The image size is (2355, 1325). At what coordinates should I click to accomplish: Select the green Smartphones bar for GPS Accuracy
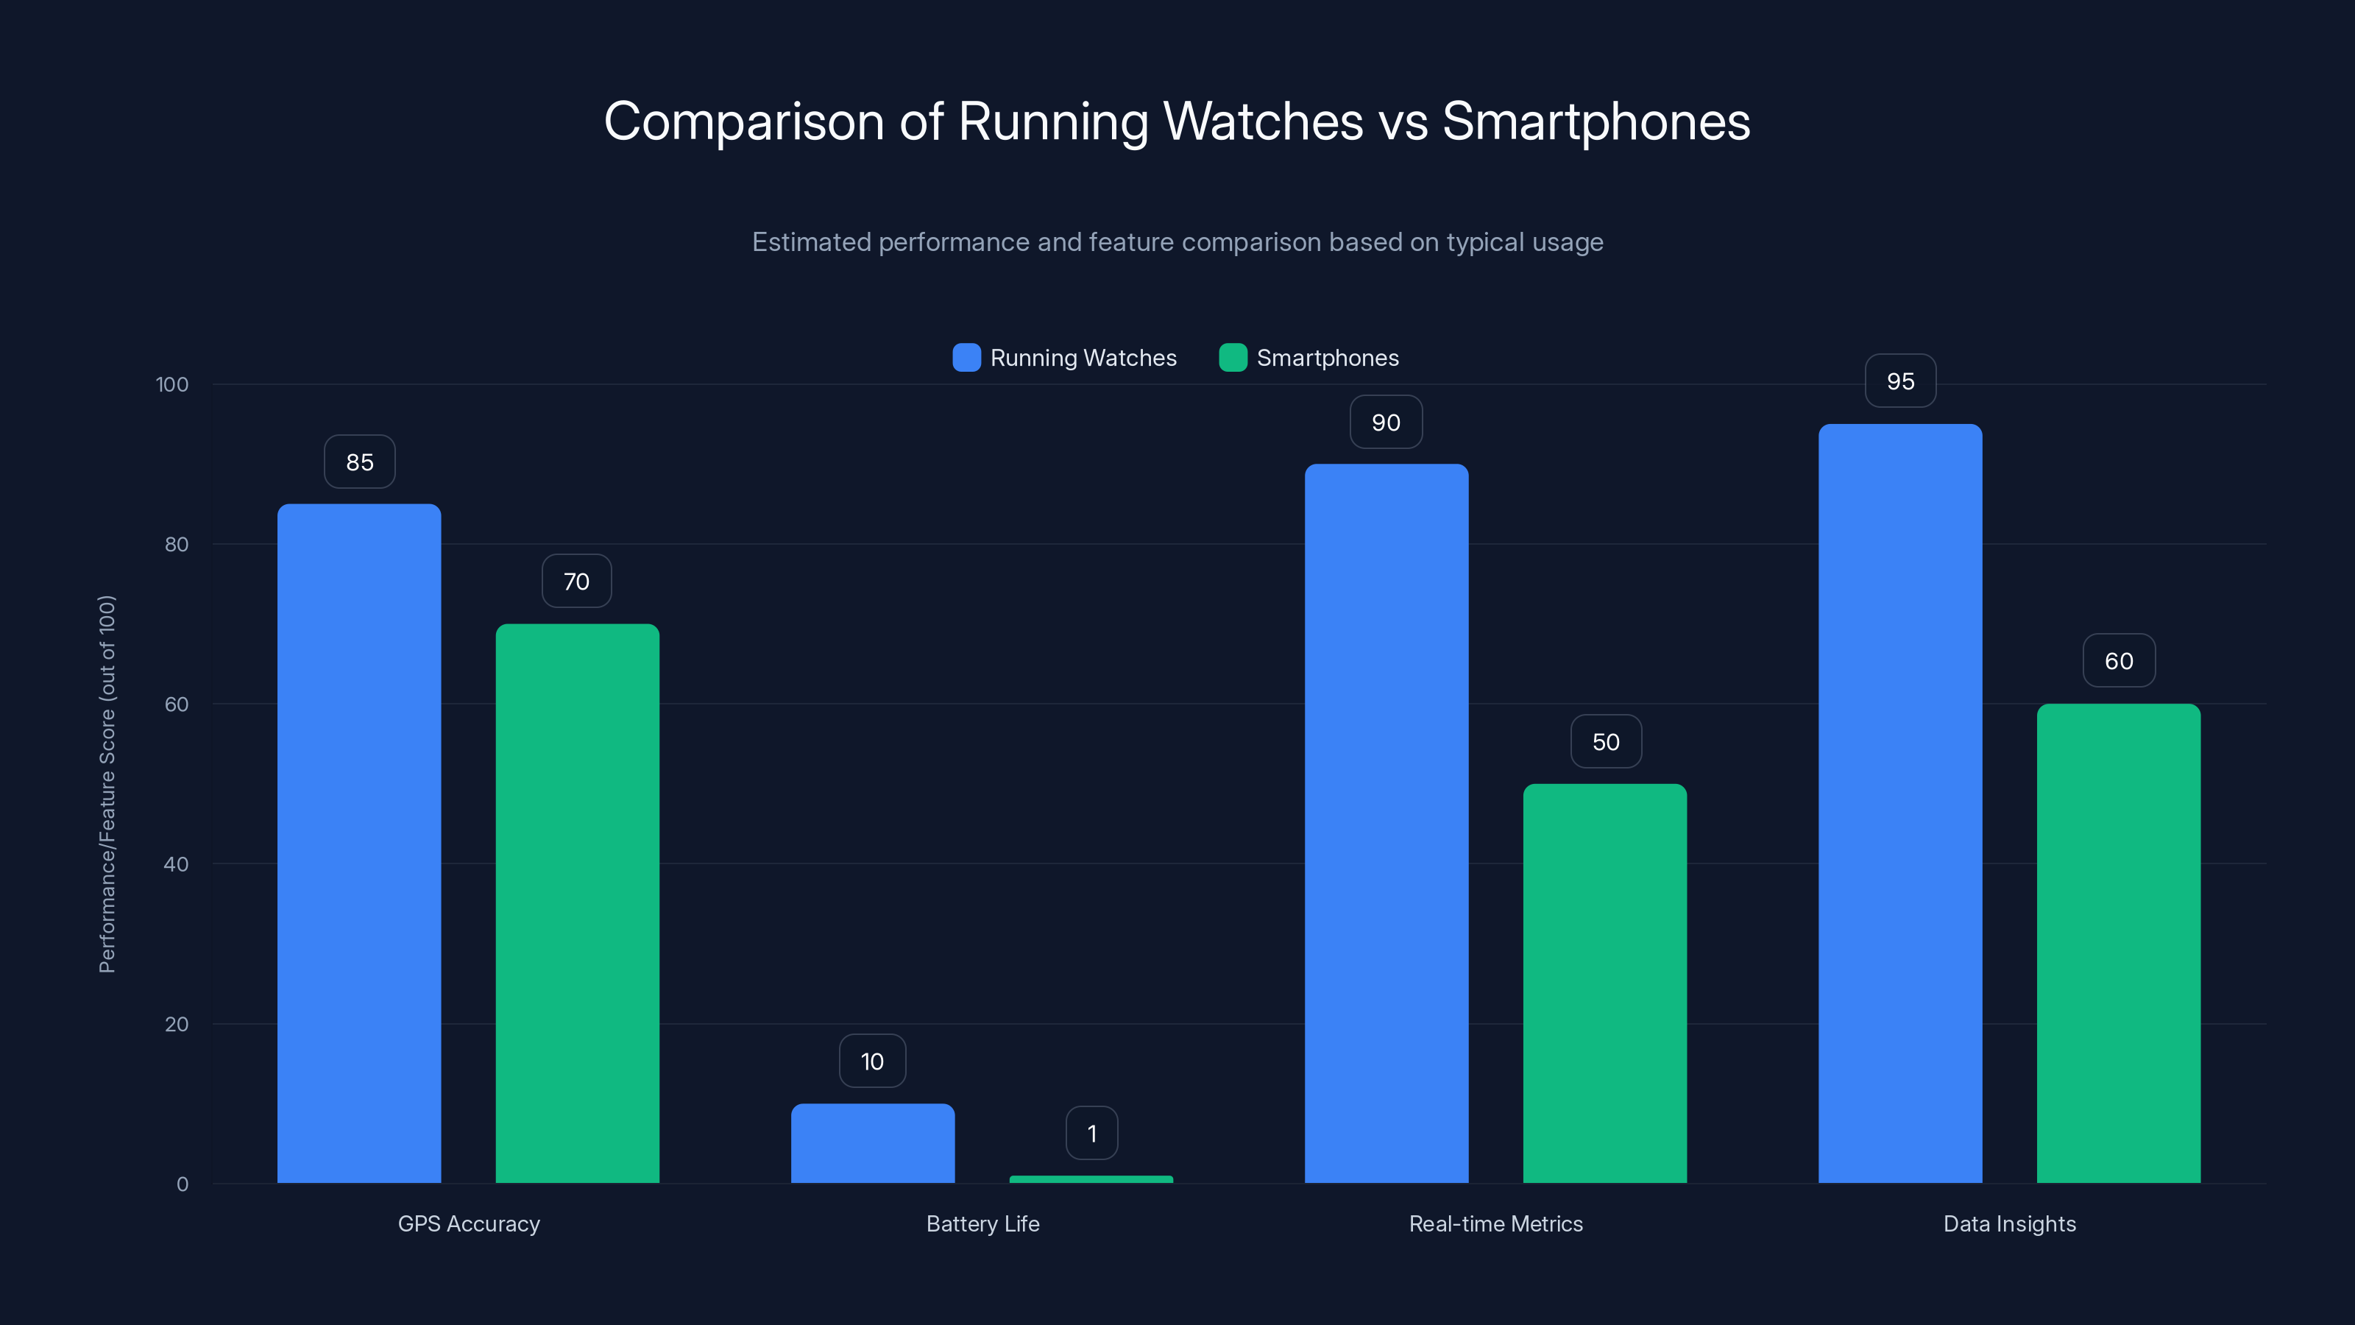pos(577,902)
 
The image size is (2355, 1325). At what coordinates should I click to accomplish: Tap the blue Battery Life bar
pos(872,1143)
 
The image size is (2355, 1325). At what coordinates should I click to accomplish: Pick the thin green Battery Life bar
pos(1091,1179)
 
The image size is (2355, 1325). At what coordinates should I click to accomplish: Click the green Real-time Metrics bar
pos(1604,983)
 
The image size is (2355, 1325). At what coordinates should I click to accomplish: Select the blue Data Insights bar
pos(1899,803)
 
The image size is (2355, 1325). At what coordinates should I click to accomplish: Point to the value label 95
pos(1899,381)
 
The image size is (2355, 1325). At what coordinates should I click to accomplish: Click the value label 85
pos(359,462)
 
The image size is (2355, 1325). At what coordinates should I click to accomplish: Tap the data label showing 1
pos(1091,1134)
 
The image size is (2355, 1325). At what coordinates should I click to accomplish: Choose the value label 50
pos(1605,741)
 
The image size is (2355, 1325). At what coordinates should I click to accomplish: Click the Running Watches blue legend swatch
pos(966,358)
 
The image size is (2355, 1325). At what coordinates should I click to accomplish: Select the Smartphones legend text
pos(1328,358)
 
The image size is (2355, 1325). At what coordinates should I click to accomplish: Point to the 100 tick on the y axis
pos(172,384)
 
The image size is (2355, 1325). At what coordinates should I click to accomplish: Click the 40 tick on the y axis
pos(176,864)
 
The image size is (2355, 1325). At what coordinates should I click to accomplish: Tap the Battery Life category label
pos(982,1223)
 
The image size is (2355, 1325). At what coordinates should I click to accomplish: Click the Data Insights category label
pos(2008,1223)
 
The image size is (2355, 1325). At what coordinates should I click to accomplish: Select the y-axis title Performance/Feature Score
pos(107,784)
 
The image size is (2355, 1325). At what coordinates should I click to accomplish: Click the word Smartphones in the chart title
pos(1596,121)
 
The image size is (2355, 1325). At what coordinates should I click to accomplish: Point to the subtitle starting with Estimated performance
pos(1177,242)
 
